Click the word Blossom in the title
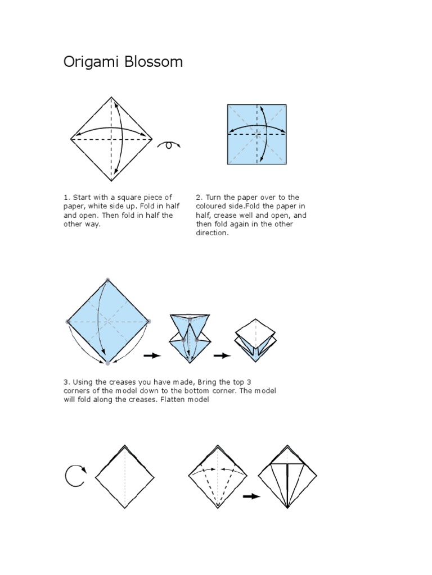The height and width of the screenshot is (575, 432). [154, 62]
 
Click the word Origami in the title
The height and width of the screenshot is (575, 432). [92, 62]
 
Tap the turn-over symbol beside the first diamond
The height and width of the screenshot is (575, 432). [169, 145]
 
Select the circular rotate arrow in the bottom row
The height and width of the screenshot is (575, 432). [76, 476]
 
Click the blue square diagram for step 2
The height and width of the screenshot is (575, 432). [256, 134]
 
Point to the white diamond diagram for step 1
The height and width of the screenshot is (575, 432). [111, 139]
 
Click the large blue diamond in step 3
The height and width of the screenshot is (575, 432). [108, 322]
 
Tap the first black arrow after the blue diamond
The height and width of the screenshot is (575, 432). [152, 355]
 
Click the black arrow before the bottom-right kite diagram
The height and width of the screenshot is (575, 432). [251, 496]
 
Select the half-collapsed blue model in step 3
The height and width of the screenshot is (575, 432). [190, 339]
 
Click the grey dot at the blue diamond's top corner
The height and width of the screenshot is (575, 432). [107, 280]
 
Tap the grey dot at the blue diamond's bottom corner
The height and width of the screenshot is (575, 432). [107, 363]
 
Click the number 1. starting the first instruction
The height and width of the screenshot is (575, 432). [66, 197]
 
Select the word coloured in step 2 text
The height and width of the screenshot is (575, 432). [210, 206]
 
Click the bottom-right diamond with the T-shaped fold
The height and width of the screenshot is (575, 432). [287, 477]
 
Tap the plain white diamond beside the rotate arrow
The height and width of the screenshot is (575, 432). [125, 477]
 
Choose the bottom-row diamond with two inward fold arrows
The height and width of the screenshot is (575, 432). [218, 477]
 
